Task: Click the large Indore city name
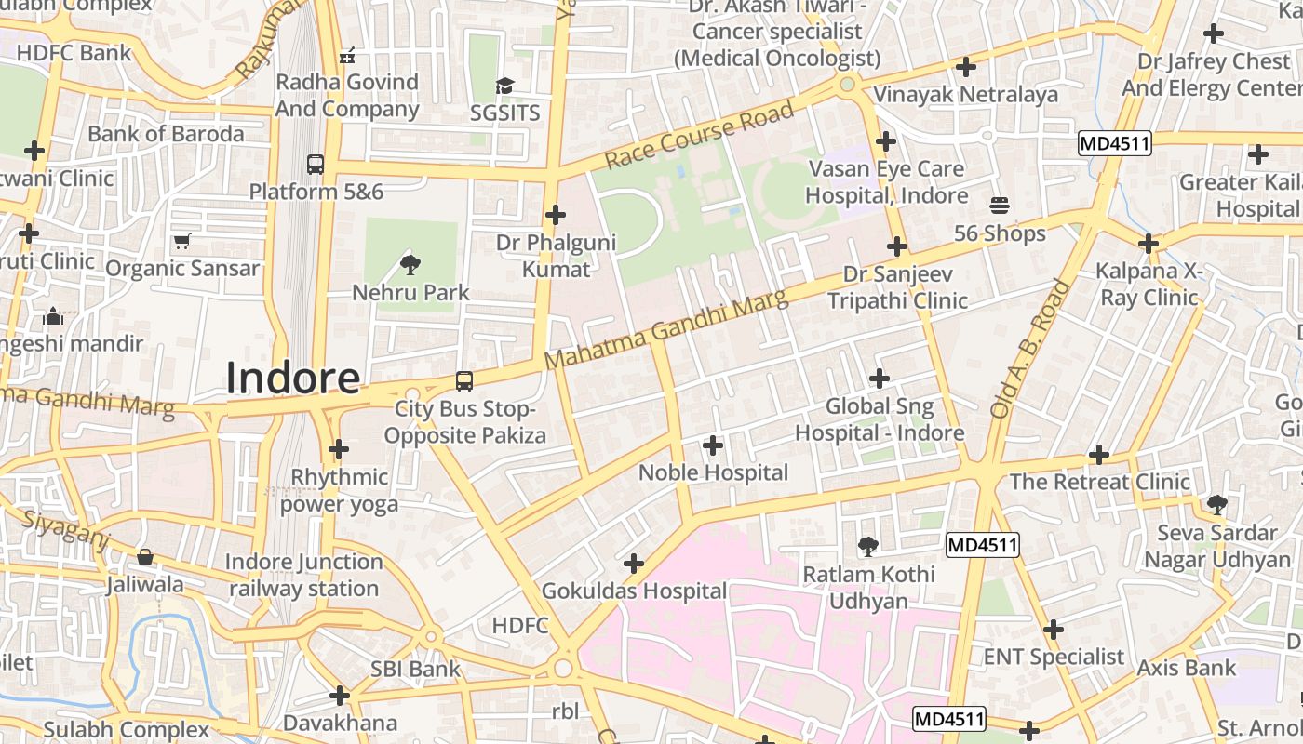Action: (293, 378)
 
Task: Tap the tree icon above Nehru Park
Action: (410, 265)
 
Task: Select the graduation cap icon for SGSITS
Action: (504, 86)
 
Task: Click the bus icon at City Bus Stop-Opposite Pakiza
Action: (463, 380)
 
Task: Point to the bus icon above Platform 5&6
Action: (316, 165)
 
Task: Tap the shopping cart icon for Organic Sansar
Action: (182, 241)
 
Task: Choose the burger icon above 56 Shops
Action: (1000, 205)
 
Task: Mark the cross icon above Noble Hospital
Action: (713, 445)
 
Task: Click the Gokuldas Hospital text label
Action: (634, 591)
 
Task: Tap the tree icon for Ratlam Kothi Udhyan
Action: (868, 547)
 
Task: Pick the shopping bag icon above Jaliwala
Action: (145, 557)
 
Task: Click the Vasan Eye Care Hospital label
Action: (886, 182)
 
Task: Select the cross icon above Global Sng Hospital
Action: (880, 379)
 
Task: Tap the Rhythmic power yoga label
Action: (339, 490)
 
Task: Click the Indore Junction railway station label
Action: (303, 575)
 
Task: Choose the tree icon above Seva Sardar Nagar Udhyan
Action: (1216, 505)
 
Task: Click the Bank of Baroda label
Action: (166, 133)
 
